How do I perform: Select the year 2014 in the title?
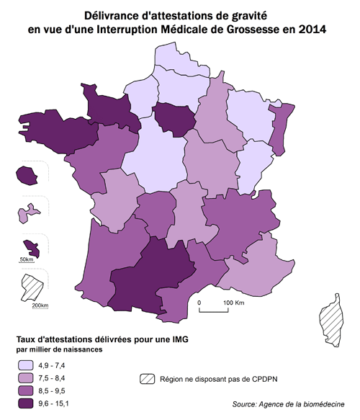(x=310, y=30)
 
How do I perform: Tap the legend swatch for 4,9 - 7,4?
(x=27, y=366)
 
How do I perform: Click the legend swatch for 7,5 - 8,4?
(x=27, y=378)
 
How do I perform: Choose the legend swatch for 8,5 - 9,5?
(x=27, y=390)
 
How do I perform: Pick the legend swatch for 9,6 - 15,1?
(x=27, y=403)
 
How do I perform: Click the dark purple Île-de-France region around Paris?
(x=173, y=116)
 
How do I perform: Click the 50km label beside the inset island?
(x=27, y=259)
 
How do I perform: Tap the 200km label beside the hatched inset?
(x=40, y=305)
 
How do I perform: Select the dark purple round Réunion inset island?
(x=29, y=176)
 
